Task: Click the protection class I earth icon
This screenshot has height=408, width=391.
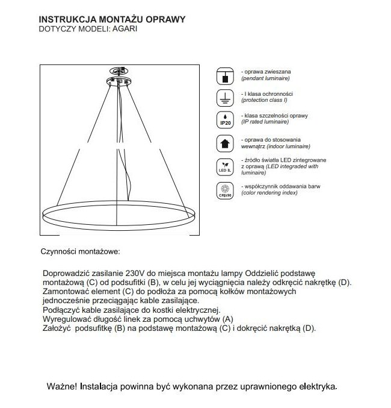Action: pyautogui.click(x=224, y=98)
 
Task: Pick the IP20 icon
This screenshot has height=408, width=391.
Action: pyautogui.click(x=224, y=120)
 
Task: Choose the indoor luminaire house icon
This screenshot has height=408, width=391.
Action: pyautogui.click(x=224, y=143)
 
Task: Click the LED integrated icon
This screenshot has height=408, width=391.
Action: pyautogui.click(x=224, y=167)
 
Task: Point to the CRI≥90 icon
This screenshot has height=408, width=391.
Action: pyautogui.click(x=224, y=191)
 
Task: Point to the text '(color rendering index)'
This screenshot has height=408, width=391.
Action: pyautogui.click(x=269, y=193)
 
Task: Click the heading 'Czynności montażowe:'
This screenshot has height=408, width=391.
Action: pyautogui.click(x=80, y=250)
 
